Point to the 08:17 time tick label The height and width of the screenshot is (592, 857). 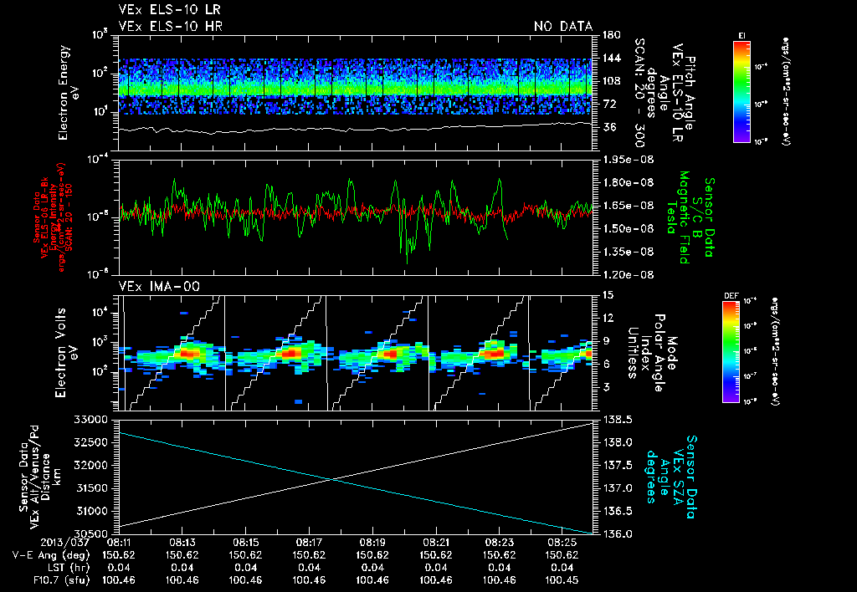tap(310, 542)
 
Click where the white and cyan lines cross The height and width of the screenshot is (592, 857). tap(332, 479)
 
